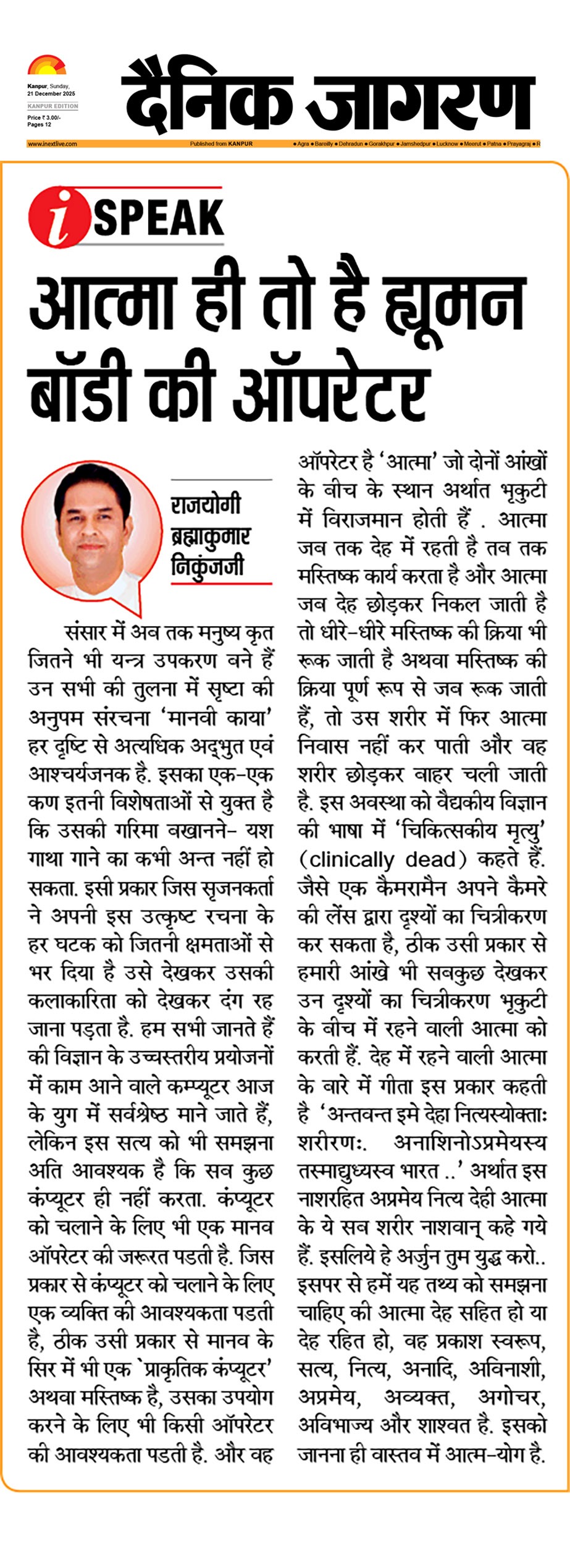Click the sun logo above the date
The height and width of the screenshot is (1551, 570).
[x=46, y=65]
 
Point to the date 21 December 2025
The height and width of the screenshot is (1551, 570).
[x=51, y=94]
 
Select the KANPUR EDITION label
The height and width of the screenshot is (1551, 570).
[x=53, y=106]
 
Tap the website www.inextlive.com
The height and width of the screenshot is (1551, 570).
[x=52, y=144]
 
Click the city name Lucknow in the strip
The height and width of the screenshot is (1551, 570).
[x=447, y=144]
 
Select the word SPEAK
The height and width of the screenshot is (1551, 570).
[x=159, y=217]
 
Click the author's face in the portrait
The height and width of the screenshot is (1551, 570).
[x=91, y=524]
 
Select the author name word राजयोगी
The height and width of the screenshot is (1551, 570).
[x=206, y=505]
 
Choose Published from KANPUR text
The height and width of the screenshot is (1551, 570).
[x=221, y=144]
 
